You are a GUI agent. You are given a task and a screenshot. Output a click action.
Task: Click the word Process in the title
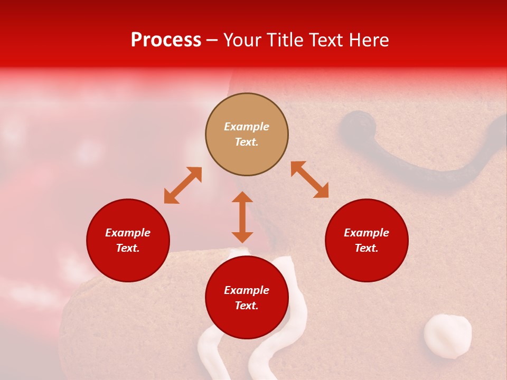point(166,40)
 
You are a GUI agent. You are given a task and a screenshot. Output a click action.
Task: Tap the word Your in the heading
point(243,40)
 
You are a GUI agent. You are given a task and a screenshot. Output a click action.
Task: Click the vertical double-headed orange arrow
point(242,217)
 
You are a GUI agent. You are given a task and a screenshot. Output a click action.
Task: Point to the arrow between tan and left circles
point(183,185)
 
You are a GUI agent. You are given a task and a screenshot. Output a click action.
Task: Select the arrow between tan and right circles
point(310,179)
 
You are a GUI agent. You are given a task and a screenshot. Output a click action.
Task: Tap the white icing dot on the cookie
point(448,336)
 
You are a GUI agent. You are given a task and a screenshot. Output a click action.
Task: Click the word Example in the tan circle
point(247,127)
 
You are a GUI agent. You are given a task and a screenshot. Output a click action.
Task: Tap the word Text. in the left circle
point(128,248)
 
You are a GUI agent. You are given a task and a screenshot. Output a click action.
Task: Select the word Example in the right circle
point(367,233)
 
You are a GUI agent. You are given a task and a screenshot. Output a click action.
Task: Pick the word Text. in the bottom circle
point(247,306)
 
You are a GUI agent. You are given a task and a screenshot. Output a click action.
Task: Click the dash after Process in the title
point(212,40)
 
